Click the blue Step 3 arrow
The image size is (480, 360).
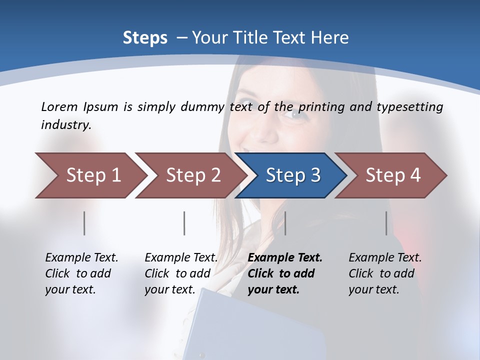point(291,175)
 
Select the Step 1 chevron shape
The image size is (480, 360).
point(90,175)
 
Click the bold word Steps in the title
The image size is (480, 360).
point(145,38)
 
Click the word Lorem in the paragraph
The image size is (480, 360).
point(59,106)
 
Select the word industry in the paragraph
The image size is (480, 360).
point(65,125)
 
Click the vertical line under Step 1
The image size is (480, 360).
point(84,223)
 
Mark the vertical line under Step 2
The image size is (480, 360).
point(184,223)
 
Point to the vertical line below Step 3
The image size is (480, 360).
point(285,223)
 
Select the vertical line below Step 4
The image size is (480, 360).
point(386,223)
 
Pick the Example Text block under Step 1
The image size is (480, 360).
point(81,273)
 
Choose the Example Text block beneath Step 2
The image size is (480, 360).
point(181,273)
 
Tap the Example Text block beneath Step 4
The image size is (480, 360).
point(385,273)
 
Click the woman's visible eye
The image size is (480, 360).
point(295,114)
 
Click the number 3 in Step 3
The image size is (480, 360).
point(315,175)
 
